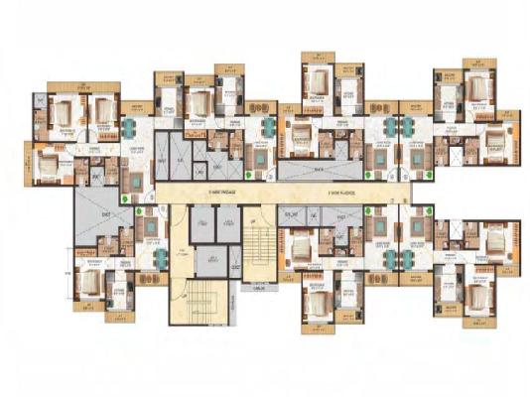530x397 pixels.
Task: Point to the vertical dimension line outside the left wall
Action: tap(63, 268)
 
